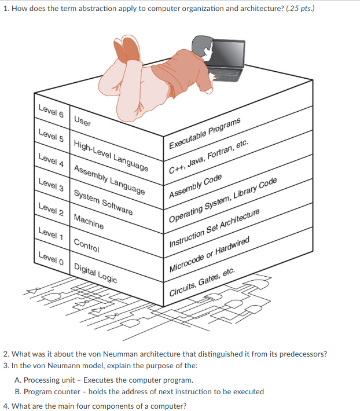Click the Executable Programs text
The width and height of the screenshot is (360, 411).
point(204,134)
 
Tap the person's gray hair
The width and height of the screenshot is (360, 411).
point(201,44)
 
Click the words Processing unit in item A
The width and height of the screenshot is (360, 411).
point(49,380)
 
